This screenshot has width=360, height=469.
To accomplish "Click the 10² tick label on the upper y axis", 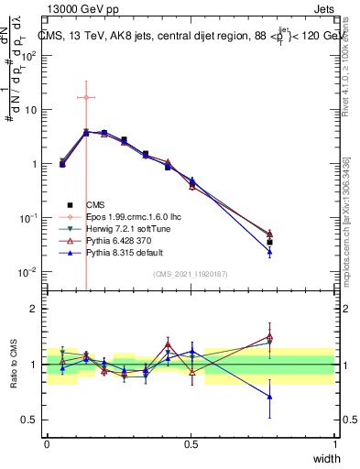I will pyautogui.click(x=29, y=55).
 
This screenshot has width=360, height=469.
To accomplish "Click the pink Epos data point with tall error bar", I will pyautogui.click(x=85, y=97).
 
